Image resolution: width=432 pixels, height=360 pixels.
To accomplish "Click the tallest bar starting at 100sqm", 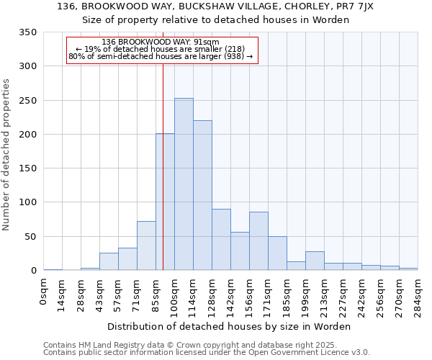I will [184, 184].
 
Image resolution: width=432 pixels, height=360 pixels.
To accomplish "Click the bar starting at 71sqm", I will [146, 246].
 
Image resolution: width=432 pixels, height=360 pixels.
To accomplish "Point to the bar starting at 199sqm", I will [315, 261].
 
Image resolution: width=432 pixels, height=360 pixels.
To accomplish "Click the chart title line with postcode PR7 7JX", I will [215, 6].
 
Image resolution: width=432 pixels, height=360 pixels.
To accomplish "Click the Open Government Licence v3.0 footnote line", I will [206, 352].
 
